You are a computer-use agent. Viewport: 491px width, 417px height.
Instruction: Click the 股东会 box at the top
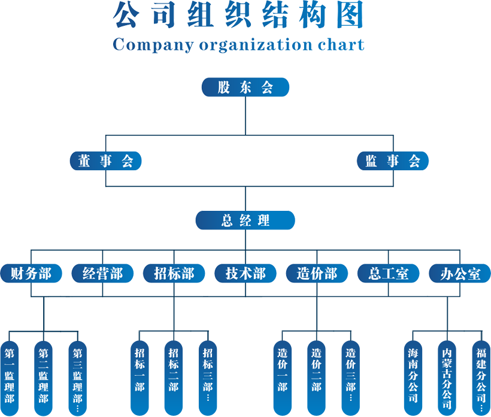(245, 87)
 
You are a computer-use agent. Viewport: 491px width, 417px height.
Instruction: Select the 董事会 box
(105, 161)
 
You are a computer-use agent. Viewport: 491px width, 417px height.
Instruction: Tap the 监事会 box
(393, 161)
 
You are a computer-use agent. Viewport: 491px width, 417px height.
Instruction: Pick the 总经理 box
(245, 220)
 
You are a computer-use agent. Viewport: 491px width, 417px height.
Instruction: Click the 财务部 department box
(31, 274)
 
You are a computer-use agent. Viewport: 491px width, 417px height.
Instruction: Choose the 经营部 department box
(102, 274)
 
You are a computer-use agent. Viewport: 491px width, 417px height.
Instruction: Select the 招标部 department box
(174, 274)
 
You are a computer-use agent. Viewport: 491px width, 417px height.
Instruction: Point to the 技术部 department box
(245, 274)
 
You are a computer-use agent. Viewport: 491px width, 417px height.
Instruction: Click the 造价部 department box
(317, 274)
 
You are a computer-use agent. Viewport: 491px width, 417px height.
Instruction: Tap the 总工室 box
(389, 274)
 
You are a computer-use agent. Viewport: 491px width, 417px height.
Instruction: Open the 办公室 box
(460, 274)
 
